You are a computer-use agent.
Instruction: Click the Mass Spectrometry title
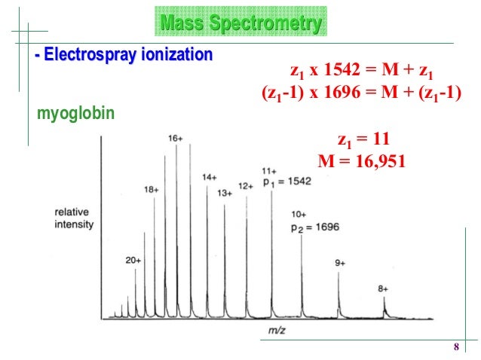(239, 25)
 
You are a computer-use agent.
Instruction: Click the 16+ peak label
(176, 139)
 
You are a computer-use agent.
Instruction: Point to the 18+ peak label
(152, 191)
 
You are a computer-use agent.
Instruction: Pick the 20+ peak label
(133, 260)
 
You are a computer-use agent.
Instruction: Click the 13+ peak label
(224, 193)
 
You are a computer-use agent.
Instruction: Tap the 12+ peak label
(245, 185)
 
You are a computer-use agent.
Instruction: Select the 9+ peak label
(340, 263)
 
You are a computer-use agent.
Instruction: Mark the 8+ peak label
(384, 288)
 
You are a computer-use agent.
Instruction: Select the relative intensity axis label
(74, 218)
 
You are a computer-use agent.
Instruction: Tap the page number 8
(455, 346)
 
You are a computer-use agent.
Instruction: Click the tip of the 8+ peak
(384, 297)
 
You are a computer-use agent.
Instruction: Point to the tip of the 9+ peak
(339, 271)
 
